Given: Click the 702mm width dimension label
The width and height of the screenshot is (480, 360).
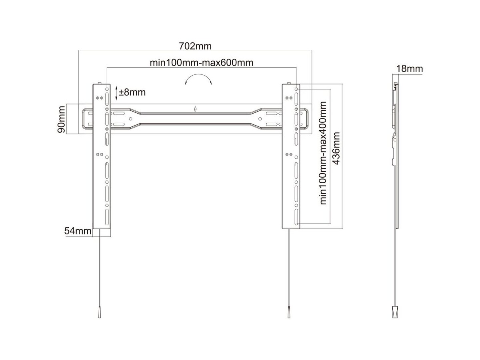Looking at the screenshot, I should pos(195,46).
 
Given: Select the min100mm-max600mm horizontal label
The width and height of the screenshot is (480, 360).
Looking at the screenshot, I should pos(202,63).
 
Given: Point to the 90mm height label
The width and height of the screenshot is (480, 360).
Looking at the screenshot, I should pos(61,119).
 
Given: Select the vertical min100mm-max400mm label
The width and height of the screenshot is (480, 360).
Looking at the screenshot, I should pos(323,153).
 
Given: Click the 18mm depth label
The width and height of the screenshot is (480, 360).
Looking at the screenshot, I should pos(409,69).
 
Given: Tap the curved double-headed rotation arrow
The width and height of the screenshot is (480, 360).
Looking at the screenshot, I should pos(198,79).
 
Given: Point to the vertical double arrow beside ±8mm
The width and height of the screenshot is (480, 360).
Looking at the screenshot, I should pos(116,93).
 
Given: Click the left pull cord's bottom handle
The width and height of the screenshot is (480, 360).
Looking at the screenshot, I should pos(99,312).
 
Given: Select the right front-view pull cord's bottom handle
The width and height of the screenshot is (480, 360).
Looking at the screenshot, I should pos(288,312).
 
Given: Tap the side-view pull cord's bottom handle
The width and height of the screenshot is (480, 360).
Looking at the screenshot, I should pos(395,312).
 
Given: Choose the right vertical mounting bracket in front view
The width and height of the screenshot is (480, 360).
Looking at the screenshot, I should pos(291,168).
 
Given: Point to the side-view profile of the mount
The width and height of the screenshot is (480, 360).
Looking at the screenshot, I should pos(395,152).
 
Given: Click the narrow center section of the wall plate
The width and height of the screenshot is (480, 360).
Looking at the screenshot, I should pos(195,119).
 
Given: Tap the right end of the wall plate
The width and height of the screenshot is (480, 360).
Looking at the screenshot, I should pos(306,119).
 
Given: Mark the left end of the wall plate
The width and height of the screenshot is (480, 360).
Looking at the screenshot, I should pos(86,119).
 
